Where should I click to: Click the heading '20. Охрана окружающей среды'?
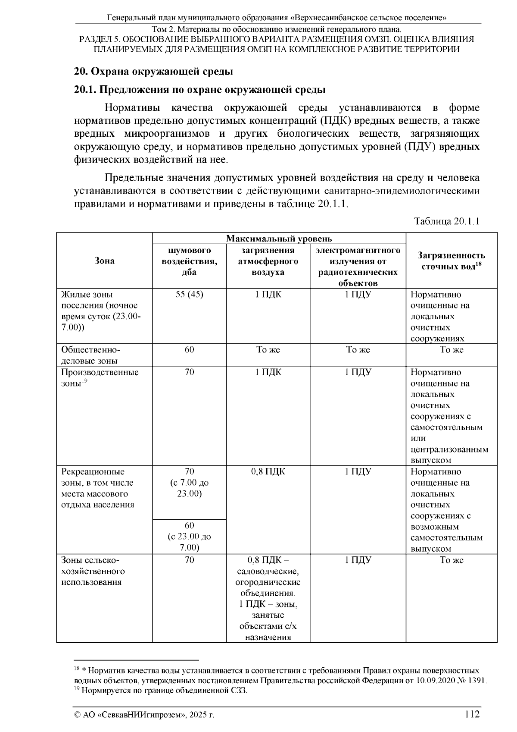[x=154, y=71]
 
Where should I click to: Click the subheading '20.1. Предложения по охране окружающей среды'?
[x=199, y=90]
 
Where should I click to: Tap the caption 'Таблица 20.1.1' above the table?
[x=446, y=221]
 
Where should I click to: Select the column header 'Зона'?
[x=104, y=261]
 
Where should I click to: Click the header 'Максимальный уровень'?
[x=279, y=239]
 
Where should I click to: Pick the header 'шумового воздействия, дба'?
[x=189, y=261]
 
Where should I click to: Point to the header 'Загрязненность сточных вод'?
[x=451, y=261]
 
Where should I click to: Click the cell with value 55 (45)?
[x=189, y=295]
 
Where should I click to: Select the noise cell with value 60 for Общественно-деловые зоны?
[x=189, y=350]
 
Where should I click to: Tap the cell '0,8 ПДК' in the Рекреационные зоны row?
[x=268, y=472]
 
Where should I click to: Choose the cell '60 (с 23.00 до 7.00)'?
[x=189, y=537]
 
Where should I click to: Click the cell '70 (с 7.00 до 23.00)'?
[x=189, y=483]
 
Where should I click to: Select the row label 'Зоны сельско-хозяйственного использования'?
[x=93, y=571]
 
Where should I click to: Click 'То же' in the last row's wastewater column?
[x=451, y=560]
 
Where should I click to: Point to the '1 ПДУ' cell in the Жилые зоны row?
[x=358, y=295]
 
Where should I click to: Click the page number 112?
[x=472, y=714]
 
